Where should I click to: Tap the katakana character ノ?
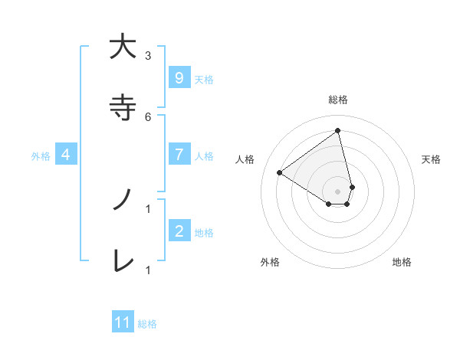(x=120, y=201)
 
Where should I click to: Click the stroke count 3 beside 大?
(x=148, y=55)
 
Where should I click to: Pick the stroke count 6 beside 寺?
(x=148, y=116)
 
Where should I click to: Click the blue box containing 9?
(x=179, y=78)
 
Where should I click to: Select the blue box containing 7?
(x=179, y=155)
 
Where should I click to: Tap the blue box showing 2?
(x=179, y=231)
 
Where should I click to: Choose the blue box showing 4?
(x=66, y=155)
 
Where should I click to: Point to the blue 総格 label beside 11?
(x=147, y=324)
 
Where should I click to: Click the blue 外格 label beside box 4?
(x=41, y=155)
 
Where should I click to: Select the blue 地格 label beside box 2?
(x=204, y=232)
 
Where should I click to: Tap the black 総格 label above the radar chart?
(x=338, y=100)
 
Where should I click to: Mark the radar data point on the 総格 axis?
(x=338, y=130)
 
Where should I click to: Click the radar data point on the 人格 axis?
(x=279, y=172)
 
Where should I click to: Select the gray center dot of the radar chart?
(x=338, y=191)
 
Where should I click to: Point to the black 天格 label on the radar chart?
(x=432, y=159)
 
